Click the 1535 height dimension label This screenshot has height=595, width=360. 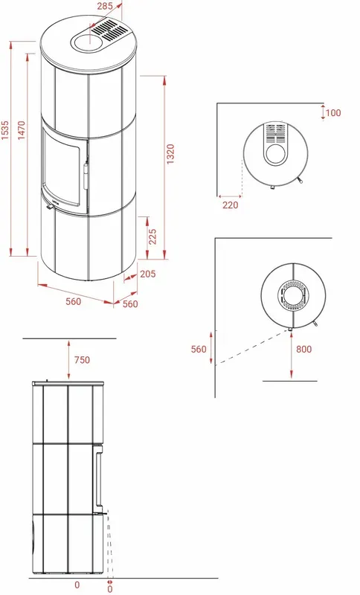click(5, 130)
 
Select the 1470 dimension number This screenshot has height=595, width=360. click(22, 130)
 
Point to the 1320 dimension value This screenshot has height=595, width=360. click(171, 154)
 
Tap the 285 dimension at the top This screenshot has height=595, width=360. click(105, 6)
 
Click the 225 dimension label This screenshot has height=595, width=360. click(152, 237)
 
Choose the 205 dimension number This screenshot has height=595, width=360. click(147, 274)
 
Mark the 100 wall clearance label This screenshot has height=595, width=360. click(333, 113)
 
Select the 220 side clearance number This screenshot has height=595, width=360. click(231, 205)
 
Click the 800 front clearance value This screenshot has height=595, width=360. click(304, 349)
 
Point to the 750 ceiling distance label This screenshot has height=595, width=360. click(82, 360)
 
